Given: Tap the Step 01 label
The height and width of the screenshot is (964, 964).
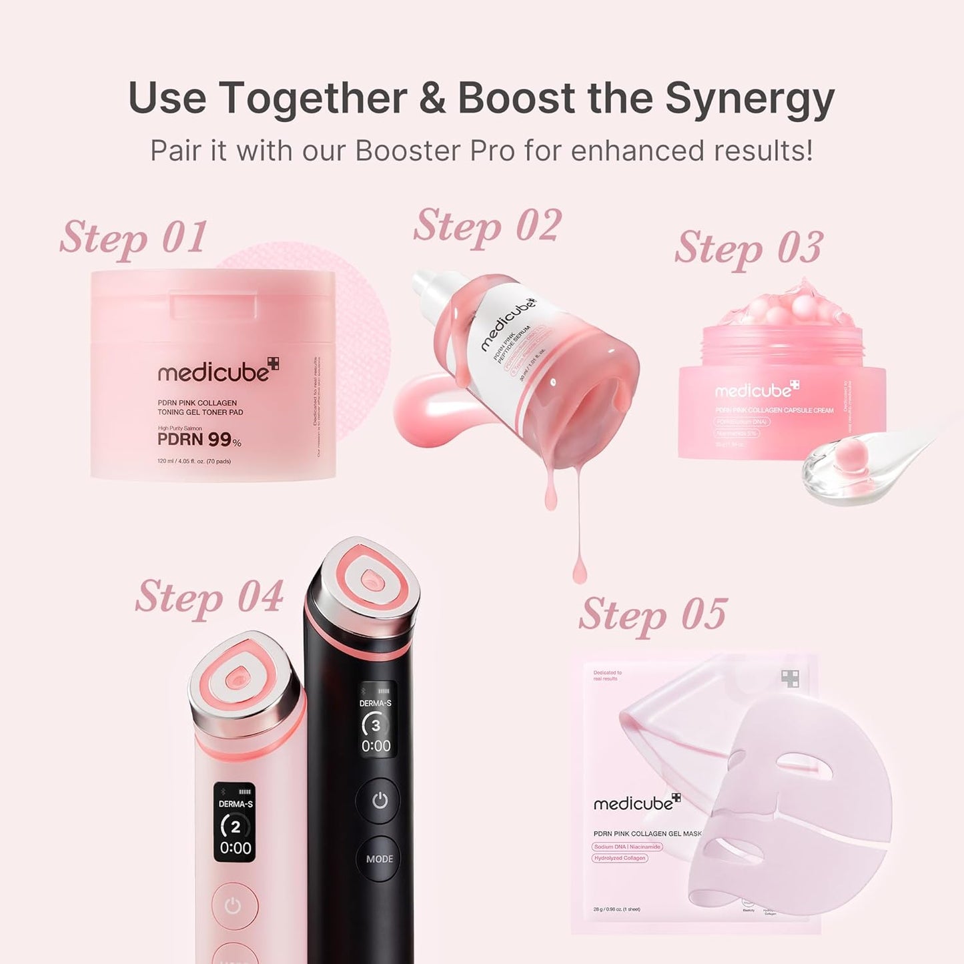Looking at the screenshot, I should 133,237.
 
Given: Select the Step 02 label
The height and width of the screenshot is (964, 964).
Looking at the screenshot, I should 487,226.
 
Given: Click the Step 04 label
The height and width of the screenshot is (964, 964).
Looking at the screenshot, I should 209,596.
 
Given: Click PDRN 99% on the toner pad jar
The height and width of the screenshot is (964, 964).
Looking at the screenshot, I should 199,440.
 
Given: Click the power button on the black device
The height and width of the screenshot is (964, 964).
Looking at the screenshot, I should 379,800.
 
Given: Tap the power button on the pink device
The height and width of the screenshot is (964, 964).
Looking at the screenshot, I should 233,906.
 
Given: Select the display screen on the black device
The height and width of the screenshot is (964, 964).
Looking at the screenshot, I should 376,720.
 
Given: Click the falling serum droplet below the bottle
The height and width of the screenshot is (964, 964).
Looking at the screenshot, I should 579,571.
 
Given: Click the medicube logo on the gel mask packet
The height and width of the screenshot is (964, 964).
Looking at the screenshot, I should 636,803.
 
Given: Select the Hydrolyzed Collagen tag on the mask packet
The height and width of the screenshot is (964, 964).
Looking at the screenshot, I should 620,858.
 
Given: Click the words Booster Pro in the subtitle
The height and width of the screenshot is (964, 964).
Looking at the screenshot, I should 435,151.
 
